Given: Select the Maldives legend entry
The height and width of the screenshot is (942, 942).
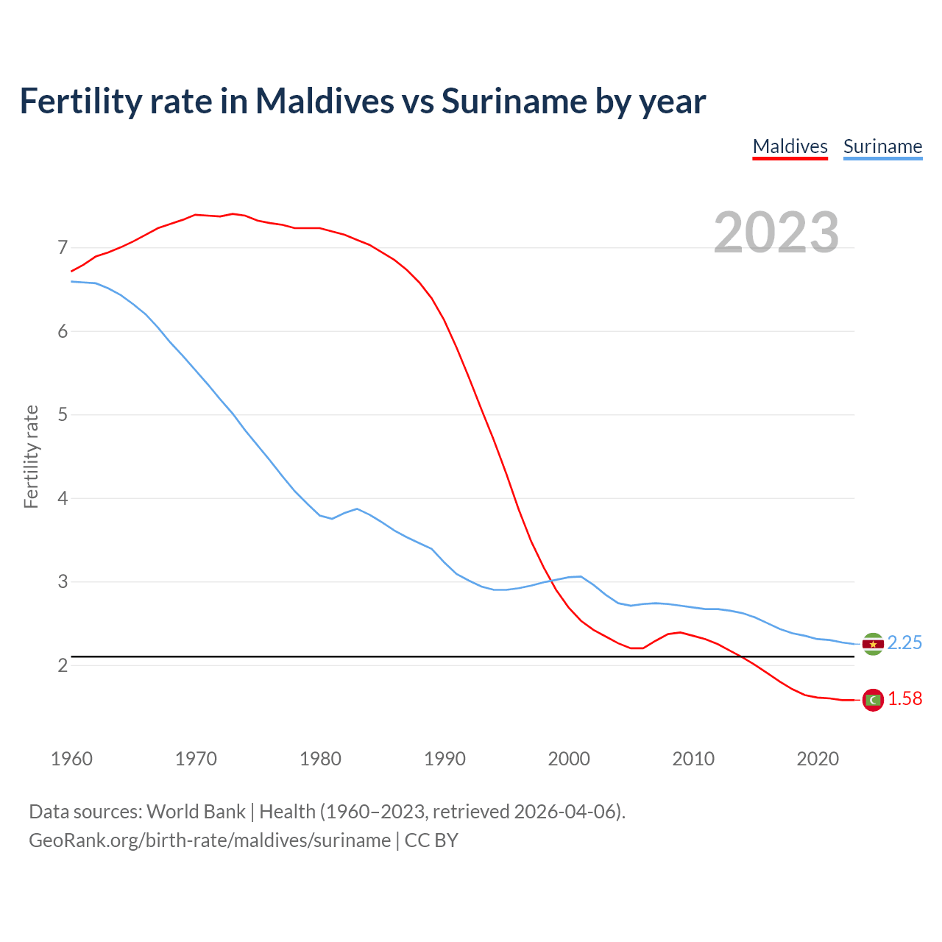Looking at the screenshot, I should point(790,146).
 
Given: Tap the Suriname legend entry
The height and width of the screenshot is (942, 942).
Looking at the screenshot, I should point(882,146).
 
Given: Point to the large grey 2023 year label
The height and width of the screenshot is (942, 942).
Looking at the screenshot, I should point(776,233).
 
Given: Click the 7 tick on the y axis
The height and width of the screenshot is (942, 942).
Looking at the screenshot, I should point(63,247).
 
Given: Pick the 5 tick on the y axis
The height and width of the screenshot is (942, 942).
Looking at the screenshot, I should point(63,414).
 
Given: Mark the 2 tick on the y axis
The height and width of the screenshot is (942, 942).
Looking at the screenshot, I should point(63,665).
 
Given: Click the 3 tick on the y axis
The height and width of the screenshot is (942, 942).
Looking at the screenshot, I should point(63,581).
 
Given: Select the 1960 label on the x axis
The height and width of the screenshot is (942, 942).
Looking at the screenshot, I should point(71,759).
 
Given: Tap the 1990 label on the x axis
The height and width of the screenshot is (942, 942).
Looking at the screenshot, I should point(445,759).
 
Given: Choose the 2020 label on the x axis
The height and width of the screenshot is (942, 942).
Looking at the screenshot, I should point(818,759).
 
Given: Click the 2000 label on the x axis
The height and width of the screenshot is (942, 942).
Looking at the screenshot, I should point(569,759).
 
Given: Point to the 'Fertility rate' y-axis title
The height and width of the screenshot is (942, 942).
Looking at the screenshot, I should point(31,456).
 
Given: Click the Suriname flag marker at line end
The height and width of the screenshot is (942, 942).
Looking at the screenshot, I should point(873,644).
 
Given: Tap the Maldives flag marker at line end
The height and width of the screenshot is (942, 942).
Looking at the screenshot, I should point(873,700).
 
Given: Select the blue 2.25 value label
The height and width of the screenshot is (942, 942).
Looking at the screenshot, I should point(904,643).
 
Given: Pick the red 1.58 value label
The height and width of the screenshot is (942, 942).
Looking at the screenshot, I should point(904,699).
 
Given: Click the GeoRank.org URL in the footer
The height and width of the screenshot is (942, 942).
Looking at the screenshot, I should point(210,840).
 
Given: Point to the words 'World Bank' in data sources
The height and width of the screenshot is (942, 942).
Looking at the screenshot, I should point(196,812).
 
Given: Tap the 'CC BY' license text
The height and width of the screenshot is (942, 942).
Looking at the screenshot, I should point(431,840).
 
